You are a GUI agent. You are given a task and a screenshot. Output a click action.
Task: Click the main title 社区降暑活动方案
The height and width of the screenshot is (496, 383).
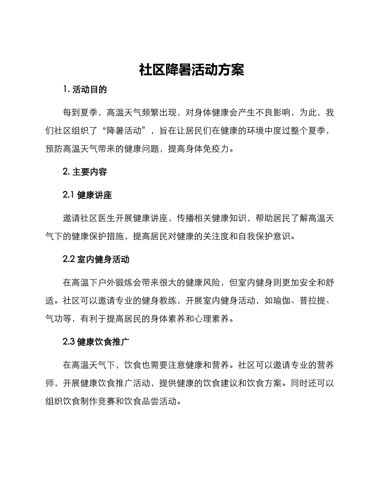[x=191, y=70]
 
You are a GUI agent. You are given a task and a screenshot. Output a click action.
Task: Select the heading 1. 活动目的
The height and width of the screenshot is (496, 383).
[x=85, y=90]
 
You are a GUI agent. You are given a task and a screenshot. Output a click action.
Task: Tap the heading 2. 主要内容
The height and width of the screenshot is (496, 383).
[x=85, y=172]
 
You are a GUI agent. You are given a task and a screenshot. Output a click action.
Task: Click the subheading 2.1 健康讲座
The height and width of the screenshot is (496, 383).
[x=87, y=195]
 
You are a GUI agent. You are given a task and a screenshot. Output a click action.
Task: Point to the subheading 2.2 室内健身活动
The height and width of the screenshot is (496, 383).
[x=96, y=259]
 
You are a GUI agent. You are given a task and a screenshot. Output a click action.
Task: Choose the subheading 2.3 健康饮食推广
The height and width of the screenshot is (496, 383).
[x=96, y=342]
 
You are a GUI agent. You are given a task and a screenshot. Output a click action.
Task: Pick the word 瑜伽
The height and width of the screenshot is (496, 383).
[x=281, y=301]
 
